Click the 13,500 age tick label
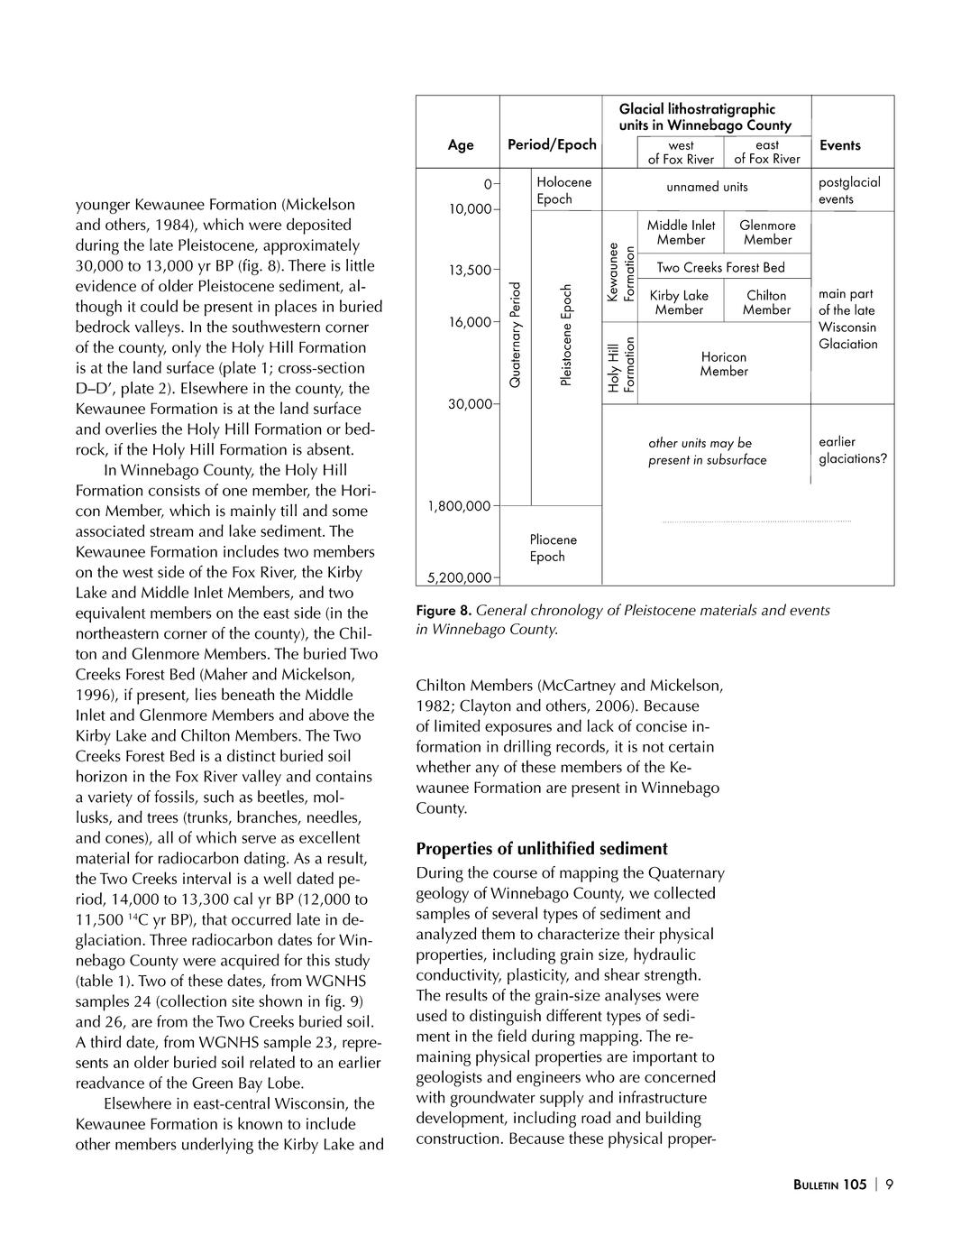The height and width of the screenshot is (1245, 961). (470, 270)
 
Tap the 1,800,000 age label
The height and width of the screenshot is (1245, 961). (459, 506)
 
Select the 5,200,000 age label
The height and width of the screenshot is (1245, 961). (459, 577)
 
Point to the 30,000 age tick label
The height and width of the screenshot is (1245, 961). (470, 404)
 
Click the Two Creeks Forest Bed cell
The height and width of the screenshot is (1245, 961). (720, 267)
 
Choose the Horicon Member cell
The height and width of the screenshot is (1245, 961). (723, 364)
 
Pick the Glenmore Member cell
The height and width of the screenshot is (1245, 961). (767, 233)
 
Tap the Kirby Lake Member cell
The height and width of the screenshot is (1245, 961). (679, 302)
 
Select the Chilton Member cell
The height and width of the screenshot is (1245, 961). (766, 302)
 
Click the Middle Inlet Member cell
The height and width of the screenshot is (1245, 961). (681, 233)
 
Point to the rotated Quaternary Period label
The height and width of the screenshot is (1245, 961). (516, 335)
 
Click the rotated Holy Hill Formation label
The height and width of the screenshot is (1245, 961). (621, 365)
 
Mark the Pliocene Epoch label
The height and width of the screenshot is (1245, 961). (552, 548)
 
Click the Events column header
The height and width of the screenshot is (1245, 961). (839, 145)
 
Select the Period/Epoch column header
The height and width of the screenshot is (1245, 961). (552, 144)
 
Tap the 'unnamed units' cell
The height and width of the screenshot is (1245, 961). (707, 187)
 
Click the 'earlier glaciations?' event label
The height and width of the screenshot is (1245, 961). (852, 450)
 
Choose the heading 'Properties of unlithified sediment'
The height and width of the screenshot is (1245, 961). (542, 849)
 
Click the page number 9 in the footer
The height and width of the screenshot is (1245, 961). (890, 1185)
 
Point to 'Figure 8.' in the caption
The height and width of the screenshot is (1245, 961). (444, 611)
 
